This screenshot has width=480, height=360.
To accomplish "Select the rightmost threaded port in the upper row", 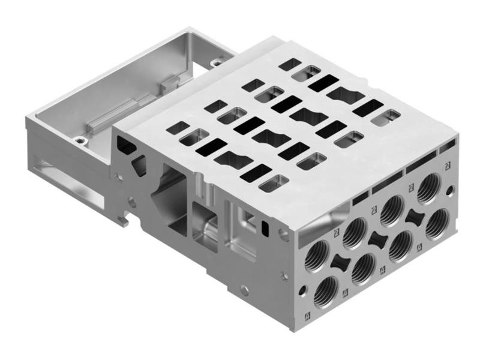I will pyautogui.click(x=430, y=188).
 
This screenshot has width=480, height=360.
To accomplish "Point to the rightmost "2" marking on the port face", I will pyautogui.click(x=448, y=166).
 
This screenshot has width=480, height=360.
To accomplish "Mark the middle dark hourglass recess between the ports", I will pyautogui.click(x=377, y=239).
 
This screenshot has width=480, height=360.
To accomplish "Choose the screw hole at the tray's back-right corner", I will pyautogui.click(x=215, y=62).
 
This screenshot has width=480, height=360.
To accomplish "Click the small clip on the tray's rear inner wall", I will pyautogui.click(x=170, y=80).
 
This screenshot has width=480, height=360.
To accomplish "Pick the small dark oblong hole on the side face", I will pyautogui.click(x=265, y=227).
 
